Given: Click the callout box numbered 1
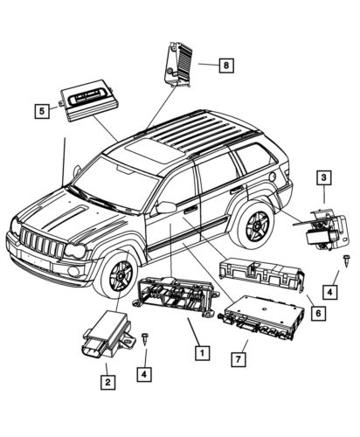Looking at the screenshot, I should pos(202,354).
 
